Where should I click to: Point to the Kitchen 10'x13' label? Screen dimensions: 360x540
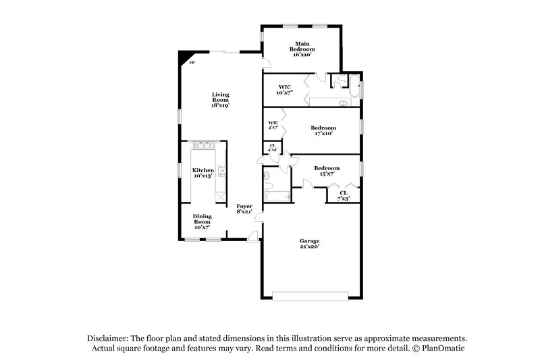(203, 173)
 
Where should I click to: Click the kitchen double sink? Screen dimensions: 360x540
(203, 145)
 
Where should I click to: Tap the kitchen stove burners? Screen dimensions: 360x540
(221, 171)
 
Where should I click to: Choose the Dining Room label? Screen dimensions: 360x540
(203, 222)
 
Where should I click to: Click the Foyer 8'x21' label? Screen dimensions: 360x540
(244, 209)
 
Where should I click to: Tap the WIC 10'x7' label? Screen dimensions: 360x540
(284, 90)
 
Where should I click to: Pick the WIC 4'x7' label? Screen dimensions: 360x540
(273, 125)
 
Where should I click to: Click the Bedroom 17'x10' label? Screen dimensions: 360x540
(323, 130)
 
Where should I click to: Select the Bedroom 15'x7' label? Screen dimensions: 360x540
(327, 170)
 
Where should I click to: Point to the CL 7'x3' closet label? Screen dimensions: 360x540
(343, 195)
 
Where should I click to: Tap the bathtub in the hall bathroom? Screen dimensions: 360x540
(277, 197)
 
